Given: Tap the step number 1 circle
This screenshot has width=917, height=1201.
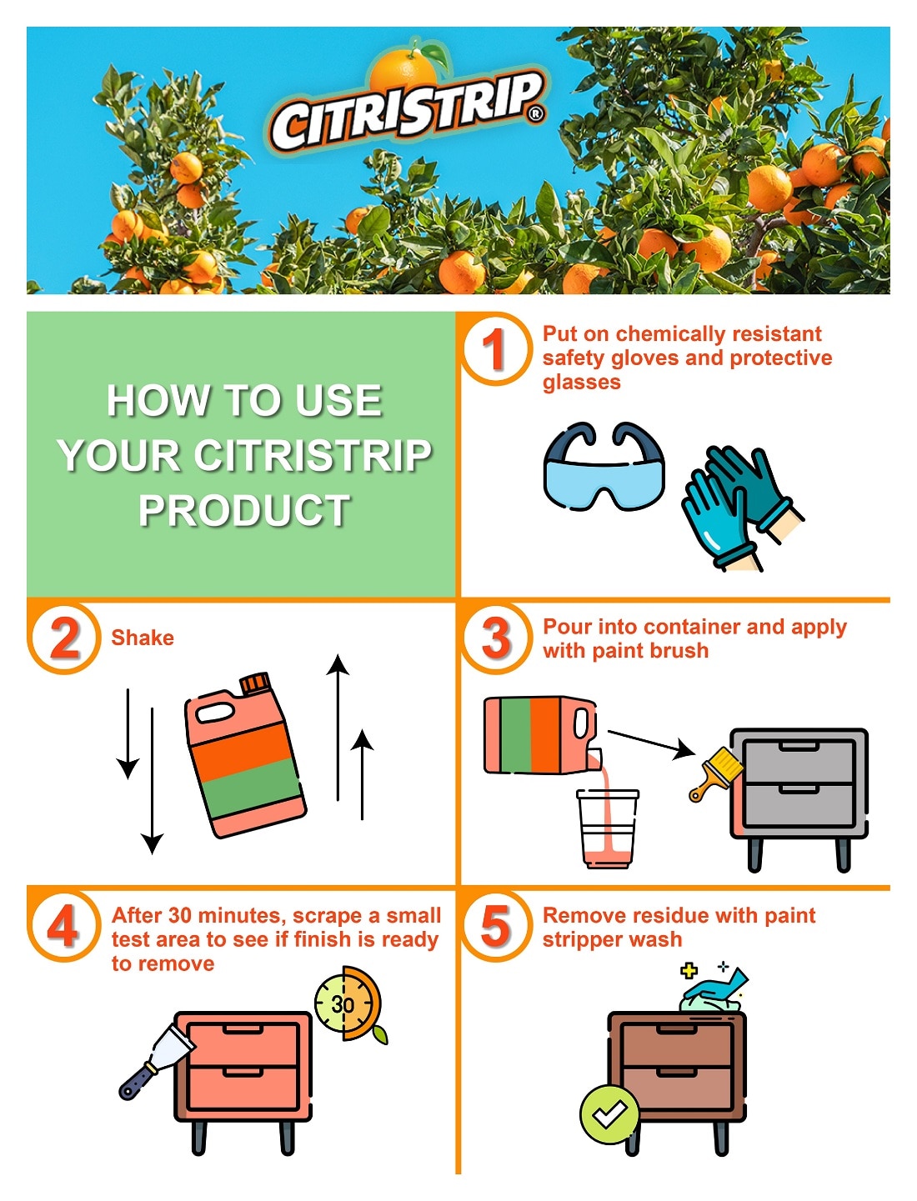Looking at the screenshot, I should (x=495, y=348).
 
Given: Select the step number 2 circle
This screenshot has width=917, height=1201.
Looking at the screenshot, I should (x=64, y=638).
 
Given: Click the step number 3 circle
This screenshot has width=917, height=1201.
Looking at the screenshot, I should (x=496, y=638).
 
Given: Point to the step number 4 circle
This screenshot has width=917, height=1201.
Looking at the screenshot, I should (x=64, y=926).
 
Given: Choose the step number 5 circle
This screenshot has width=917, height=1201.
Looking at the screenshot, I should (x=496, y=926).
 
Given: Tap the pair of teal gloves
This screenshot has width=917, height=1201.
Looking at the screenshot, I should (x=737, y=505).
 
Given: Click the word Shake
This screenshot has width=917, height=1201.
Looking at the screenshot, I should (x=143, y=638).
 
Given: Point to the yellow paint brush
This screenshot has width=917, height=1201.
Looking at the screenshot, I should (x=715, y=772).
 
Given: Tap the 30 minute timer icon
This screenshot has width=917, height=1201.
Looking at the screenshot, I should (x=346, y=1003).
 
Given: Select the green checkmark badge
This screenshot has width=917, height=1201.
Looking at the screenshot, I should (x=609, y=1113).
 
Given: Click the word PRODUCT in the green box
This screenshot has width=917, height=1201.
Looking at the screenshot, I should (x=244, y=510).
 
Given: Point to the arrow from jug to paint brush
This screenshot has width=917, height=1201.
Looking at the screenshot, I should (x=651, y=743).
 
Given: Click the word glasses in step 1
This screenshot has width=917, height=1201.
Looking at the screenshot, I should (x=581, y=383).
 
